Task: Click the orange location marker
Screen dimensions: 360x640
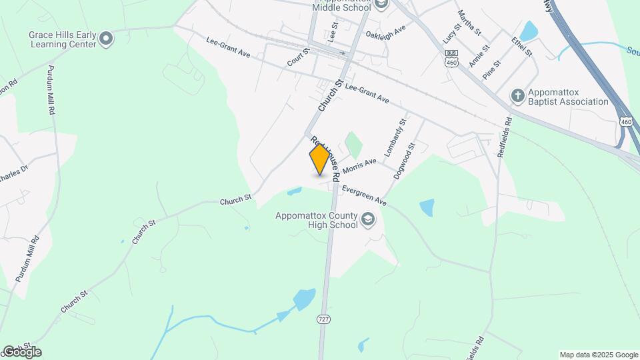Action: [320, 159]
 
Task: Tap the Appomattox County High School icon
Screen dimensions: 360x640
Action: [367, 220]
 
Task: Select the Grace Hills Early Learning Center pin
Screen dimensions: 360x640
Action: [106, 40]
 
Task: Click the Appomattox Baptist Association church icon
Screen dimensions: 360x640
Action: [517, 96]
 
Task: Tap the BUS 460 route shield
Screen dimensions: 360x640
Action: [452, 58]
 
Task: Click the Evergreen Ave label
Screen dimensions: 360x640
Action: [365, 195]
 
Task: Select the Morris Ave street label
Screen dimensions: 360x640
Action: [360, 166]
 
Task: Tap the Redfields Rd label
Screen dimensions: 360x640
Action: [505, 137]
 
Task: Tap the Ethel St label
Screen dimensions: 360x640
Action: [523, 43]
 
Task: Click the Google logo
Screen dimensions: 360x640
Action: [21, 351]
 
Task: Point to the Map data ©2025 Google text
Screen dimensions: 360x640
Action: [599, 355]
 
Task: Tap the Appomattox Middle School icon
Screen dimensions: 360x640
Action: [381, 5]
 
